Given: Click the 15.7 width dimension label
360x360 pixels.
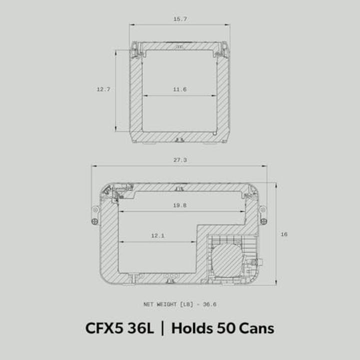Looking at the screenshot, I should click(x=179, y=18).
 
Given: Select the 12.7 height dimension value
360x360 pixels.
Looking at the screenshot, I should click(x=103, y=89).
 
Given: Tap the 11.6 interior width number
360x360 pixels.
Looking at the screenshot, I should click(x=179, y=89).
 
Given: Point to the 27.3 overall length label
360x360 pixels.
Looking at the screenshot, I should click(x=179, y=160).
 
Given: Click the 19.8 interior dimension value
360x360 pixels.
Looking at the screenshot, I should click(x=179, y=205).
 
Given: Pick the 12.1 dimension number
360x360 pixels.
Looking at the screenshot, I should click(x=157, y=235).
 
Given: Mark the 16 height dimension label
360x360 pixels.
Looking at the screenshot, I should click(x=284, y=234).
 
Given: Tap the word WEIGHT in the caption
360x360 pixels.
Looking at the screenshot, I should click(x=168, y=304).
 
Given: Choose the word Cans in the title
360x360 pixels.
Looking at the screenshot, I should click(x=255, y=328).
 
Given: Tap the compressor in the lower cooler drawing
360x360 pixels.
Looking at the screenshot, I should click(x=226, y=257).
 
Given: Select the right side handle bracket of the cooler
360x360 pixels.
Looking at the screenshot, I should click(x=263, y=214).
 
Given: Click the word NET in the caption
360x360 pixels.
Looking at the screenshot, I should click(x=148, y=304).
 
